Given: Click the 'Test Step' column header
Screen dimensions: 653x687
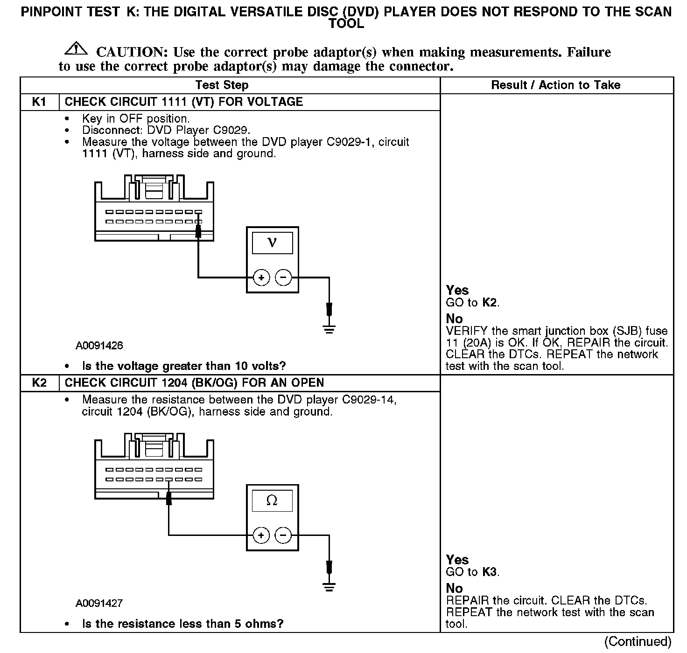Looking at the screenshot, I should tap(222, 85).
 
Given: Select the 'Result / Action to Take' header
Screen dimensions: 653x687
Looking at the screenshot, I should tap(555, 85).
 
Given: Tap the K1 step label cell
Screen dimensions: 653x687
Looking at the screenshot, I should tap(39, 102).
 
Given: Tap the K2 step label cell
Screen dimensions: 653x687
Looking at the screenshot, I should tap(39, 383).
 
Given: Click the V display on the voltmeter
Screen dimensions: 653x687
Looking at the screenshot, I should tap(272, 243).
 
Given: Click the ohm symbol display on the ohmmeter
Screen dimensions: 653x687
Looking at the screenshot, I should tap(272, 501).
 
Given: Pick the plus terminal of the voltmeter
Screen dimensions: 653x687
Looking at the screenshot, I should tap(261, 278).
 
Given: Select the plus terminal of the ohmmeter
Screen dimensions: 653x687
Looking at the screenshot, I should tap(261, 535).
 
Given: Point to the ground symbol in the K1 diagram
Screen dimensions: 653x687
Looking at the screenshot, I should tap(329, 329).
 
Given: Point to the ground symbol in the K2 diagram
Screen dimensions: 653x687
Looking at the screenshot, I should tap(329, 587).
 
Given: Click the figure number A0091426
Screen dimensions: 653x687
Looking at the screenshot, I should tap(99, 346).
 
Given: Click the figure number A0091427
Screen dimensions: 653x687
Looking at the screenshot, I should tap(99, 603).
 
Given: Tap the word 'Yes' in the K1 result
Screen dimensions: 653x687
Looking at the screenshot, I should tap(457, 290).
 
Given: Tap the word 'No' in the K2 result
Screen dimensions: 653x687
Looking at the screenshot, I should tap(454, 588).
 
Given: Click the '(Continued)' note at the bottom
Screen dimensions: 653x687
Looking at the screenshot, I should tap(638, 642).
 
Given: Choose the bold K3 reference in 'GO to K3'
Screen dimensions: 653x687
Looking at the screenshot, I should tap(489, 572).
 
